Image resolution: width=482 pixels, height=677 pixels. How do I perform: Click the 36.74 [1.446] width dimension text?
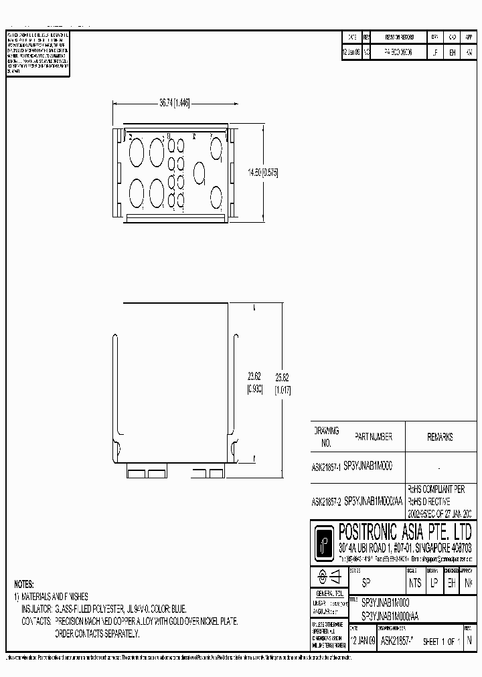[x=175, y=103]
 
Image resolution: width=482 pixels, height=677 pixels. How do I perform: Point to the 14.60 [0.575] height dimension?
[x=262, y=172]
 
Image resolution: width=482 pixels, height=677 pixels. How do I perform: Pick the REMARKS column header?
[x=440, y=437]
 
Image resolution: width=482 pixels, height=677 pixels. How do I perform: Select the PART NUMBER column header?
[x=368, y=437]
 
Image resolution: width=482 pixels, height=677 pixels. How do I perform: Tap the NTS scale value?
[x=415, y=583]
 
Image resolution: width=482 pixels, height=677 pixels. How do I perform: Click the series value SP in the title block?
[x=366, y=583]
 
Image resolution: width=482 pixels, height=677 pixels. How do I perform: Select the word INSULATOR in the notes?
[x=35, y=608]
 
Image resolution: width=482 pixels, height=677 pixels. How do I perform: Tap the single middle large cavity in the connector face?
[x=199, y=173]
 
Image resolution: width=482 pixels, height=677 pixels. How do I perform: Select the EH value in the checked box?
[x=452, y=583]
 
